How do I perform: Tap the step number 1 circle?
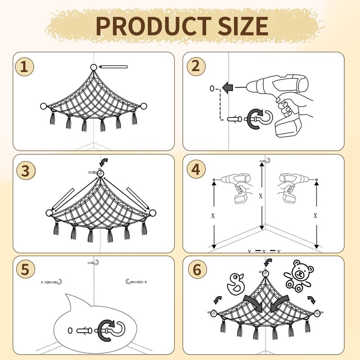click(24, 67)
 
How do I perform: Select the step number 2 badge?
click(195, 66)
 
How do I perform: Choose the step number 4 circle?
click(195, 170)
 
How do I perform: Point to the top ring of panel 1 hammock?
click(93, 67)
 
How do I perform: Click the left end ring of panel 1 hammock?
click(43, 106)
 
